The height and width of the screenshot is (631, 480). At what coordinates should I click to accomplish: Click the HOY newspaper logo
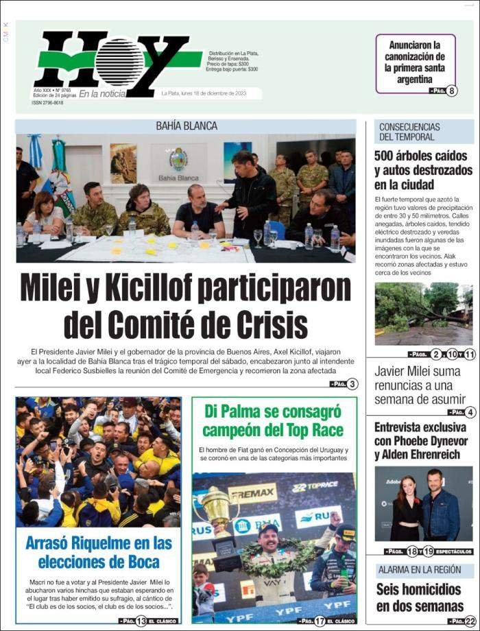pyautogui.click(x=113, y=62)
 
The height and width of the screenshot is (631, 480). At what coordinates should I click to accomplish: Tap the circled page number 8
pyautogui.click(x=452, y=91)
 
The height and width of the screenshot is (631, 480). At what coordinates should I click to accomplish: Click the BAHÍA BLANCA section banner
pyautogui.click(x=186, y=126)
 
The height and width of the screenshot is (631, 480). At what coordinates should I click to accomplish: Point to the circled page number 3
pyautogui.click(x=352, y=384)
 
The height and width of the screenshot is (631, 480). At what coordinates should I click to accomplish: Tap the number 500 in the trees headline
pyautogui.click(x=388, y=156)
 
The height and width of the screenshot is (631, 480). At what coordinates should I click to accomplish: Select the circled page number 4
pyautogui.click(x=469, y=412)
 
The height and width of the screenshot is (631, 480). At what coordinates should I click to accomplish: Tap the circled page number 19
pyautogui.click(x=428, y=551)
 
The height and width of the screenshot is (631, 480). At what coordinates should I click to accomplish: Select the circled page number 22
pyautogui.click(x=469, y=621)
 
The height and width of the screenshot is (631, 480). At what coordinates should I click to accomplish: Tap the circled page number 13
pyautogui.click(x=140, y=621)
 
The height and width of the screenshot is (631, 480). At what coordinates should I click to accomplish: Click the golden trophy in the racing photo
pyautogui.click(x=217, y=515)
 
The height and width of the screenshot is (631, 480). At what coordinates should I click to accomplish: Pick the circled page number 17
pyautogui.click(x=320, y=621)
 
